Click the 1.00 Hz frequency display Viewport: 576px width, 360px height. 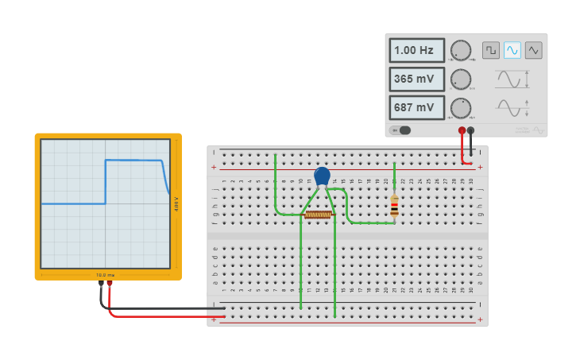tap(416, 50)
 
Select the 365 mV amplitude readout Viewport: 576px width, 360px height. tap(416, 79)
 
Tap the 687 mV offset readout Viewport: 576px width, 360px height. tap(416, 107)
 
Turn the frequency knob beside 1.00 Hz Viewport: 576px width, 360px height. tap(461, 50)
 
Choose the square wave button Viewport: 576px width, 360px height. tap(491, 50)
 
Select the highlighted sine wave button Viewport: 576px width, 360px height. tap(512, 50)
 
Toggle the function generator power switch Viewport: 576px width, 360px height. tap(402, 130)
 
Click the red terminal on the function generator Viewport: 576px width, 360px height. tap(462, 130)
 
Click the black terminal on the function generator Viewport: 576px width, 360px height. tap(471, 130)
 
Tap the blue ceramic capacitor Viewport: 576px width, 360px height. tap(322, 176)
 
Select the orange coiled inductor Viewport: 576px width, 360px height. tap(318, 215)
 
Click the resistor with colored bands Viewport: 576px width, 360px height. tap(395, 207)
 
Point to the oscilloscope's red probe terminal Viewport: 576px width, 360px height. tap(110, 283)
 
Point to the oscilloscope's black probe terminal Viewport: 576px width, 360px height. tap(101, 283)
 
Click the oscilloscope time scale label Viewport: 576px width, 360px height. tap(106, 275)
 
